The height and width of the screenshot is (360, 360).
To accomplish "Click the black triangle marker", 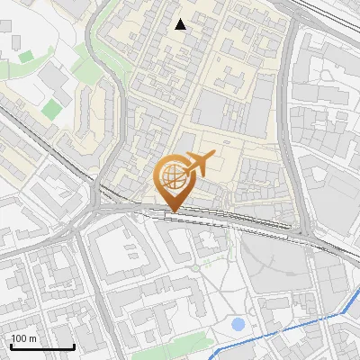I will (181, 24).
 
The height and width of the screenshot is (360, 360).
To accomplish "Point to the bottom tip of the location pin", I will (171, 211).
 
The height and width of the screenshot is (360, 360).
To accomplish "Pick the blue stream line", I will (279, 330).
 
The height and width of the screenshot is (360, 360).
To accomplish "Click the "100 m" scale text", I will (24, 338).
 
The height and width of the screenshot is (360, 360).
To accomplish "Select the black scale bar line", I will (42, 346).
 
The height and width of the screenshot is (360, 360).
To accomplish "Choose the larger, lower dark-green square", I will (52, 109).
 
